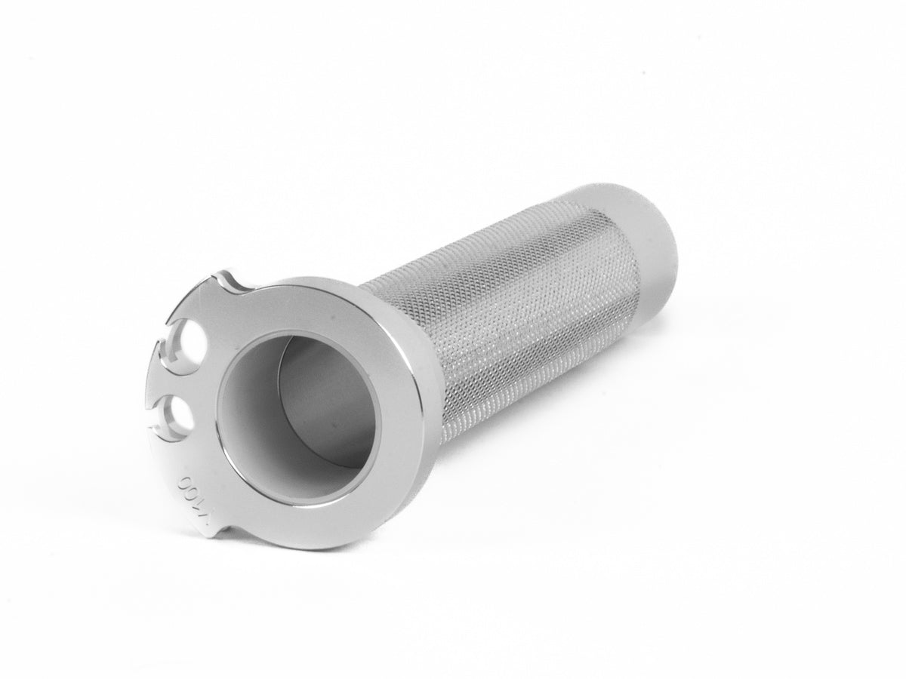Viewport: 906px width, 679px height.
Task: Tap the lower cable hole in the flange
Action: (x=180, y=412)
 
